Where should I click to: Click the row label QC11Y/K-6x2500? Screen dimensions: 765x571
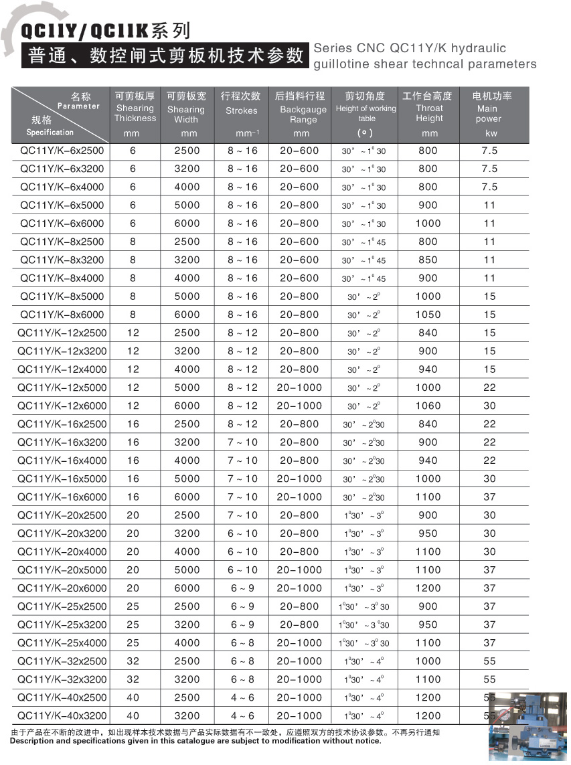coord(61,151)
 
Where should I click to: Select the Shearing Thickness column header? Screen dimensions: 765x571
coord(135,113)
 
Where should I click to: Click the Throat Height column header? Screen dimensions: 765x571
coord(429,113)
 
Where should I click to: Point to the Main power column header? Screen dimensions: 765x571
coord(488,114)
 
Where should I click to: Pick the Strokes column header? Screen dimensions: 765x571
coord(241,111)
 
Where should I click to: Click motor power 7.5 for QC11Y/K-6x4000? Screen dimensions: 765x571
coord(489,187)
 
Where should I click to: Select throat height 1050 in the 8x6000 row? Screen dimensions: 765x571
coord(428,315)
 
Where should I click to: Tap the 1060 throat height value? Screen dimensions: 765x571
coord(428,406)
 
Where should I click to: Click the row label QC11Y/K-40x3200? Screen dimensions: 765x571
coord(61,715)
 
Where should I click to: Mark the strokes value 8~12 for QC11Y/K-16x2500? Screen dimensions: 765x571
coord(242,424)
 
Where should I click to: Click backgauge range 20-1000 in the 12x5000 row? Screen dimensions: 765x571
coord(299,388)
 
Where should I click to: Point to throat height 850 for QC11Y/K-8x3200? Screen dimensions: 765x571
coord(428,260)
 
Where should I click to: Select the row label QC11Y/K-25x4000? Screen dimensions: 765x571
coord(61,643)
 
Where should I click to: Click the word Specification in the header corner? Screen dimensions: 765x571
coord(50,133)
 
